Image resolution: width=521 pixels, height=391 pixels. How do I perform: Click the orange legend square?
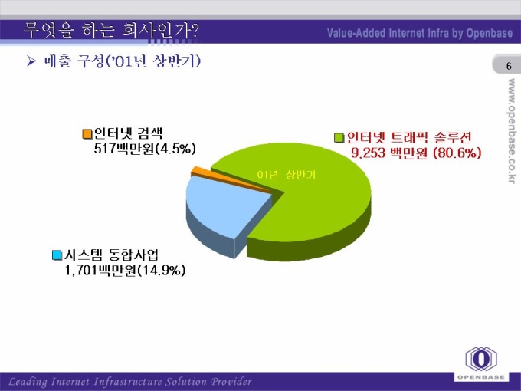point(87,134)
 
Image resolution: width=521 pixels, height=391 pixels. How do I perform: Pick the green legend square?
point(339,138)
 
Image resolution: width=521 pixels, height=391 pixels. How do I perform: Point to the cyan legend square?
point(57,255)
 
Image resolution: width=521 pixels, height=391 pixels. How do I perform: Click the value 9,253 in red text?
point(369,153)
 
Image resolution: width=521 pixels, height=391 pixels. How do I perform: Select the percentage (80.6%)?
point(457,153)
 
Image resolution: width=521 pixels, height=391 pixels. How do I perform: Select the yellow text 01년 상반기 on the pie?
point(286,175)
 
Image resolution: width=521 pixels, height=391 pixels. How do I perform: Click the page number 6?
point(509,66)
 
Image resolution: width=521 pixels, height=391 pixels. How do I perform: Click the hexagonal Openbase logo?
point(481,359)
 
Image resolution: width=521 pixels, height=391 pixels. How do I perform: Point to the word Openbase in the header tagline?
point(490,33)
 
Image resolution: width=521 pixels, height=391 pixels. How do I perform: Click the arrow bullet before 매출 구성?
point(31,61)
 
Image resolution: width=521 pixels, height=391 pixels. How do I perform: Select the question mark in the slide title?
point(195,31)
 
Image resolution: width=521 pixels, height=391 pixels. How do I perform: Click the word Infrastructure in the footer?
point(128,382)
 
